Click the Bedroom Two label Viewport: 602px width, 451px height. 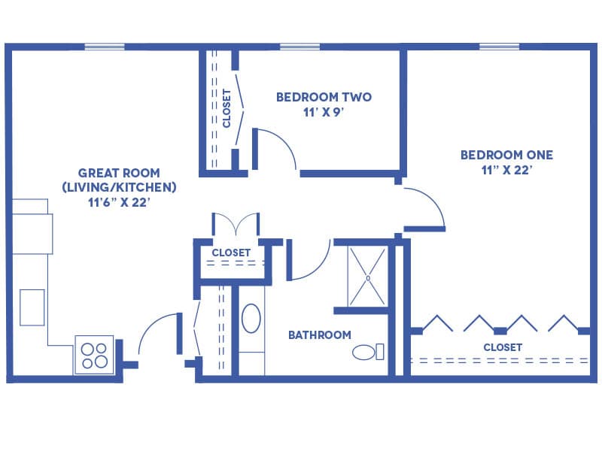324,97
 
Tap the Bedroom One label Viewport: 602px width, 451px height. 506,155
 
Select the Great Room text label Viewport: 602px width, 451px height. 119,173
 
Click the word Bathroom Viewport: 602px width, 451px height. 319,334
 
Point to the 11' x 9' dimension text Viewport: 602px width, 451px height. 324,113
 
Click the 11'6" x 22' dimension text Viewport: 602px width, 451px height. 119,202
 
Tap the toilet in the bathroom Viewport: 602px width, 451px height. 368,352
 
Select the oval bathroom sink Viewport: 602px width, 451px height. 251,318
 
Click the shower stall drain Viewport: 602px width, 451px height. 368,278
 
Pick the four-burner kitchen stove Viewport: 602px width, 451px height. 95,355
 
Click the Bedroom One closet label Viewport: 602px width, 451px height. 503,347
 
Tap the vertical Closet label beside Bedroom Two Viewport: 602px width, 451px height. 227,108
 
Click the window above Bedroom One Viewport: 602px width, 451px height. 499,47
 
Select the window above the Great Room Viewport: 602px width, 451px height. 105,47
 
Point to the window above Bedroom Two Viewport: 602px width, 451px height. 299,47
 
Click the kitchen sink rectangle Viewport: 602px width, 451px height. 32,307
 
